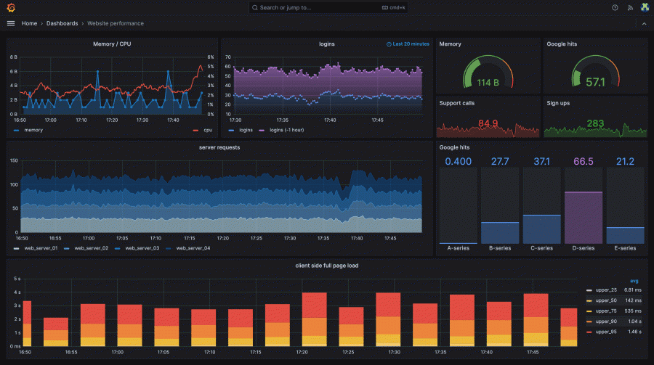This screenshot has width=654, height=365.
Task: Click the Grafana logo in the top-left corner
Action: click(x=10, y=7)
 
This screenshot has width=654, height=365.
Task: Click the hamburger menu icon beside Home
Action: click(x=10, y=23)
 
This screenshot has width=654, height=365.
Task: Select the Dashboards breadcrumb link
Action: click(x=62, y=23)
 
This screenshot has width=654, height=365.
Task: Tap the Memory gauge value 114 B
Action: click(x=488, y=82)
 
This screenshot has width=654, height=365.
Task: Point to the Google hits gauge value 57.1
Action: click(x=595, y=82)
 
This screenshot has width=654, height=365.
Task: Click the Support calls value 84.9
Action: click(x=488, y=123)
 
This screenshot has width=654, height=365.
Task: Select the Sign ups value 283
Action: click(x=595, y=123)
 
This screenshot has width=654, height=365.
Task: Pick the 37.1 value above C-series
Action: click(x=542, y=161)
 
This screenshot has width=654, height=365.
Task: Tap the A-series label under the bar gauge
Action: click(x=459, y=248)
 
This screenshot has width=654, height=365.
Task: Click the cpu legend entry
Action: click(x=206, y=131)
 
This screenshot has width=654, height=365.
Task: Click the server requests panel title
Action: click(x=219, y=147)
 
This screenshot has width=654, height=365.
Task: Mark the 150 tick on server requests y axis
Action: click(x=13, y=161)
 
